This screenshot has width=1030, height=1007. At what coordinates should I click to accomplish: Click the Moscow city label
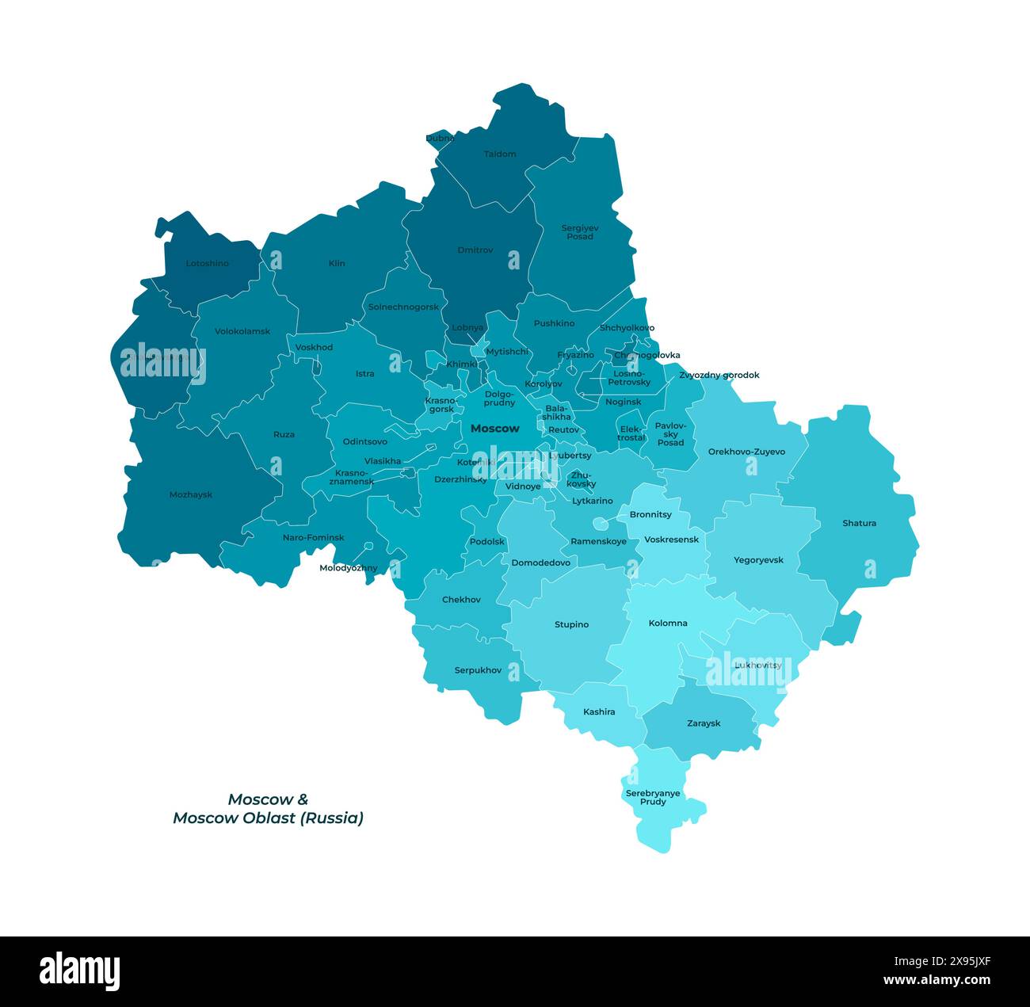(494, 429)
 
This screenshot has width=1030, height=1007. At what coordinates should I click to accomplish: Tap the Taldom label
(500, 154)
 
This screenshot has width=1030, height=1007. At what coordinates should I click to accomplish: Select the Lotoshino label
(207, 263)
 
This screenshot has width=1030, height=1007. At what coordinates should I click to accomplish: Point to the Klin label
(337, 263)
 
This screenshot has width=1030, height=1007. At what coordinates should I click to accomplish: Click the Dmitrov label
(475, 250)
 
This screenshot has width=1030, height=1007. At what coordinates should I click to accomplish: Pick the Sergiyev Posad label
(580, 232)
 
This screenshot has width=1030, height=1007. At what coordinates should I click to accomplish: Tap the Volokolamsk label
(242, 331)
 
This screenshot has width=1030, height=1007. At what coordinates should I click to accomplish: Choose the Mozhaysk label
(191, 494)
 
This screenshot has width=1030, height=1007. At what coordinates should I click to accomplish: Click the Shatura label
(859, 523)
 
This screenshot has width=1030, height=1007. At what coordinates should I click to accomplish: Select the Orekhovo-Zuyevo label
(746, 452)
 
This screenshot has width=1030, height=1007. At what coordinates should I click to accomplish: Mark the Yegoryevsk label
(758, 560)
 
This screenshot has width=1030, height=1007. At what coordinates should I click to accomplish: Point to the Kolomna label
(668, 623)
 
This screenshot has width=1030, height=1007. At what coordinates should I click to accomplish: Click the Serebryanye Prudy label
(653, 797)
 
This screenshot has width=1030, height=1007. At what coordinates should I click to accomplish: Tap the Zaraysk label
(704, 723)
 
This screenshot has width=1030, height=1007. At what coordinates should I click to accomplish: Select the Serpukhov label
(478, 670)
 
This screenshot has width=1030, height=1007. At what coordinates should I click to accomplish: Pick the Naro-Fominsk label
(314, 537)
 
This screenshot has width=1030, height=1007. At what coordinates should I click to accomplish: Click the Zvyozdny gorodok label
(719, 375)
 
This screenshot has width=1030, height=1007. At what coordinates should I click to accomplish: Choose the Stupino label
(571, 624)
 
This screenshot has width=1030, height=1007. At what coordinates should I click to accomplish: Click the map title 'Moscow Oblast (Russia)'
(268, 818)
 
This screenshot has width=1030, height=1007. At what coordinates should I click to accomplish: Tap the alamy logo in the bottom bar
(80, 971)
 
